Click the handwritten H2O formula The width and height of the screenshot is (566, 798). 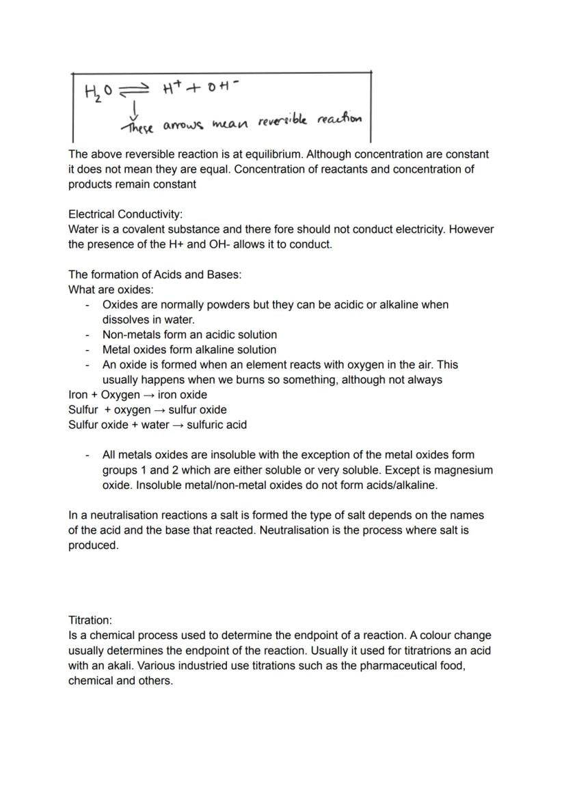point(98,91)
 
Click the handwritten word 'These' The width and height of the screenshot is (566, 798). point(137,127)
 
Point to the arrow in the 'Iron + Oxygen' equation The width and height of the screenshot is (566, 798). point(148,395)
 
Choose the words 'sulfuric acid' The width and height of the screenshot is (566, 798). point(217,425)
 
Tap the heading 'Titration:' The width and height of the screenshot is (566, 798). point(90,620)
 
